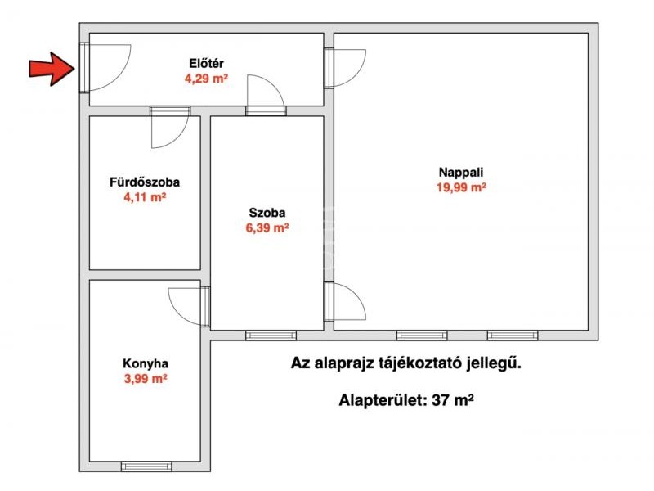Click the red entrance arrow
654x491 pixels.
(x=52, y=69)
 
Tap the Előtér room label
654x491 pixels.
(x=207, y=64)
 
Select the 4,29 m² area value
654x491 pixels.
(x=207, y=79)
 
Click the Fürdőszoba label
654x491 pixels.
(x=145, y=182)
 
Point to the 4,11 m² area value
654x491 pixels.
(x=145, y=197)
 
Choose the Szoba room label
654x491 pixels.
(x=267, y=213)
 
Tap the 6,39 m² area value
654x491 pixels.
(x=267, y=228)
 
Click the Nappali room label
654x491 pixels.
(x=461, y=172)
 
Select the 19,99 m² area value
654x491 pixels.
(x=461, y=187)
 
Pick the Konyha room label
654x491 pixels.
(x=146, y=363)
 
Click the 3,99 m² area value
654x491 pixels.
(x=146, y=379)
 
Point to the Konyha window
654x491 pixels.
(x=146, y=466)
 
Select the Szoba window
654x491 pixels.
(x=271, y=336)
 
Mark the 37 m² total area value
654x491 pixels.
(x=453, y=400)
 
